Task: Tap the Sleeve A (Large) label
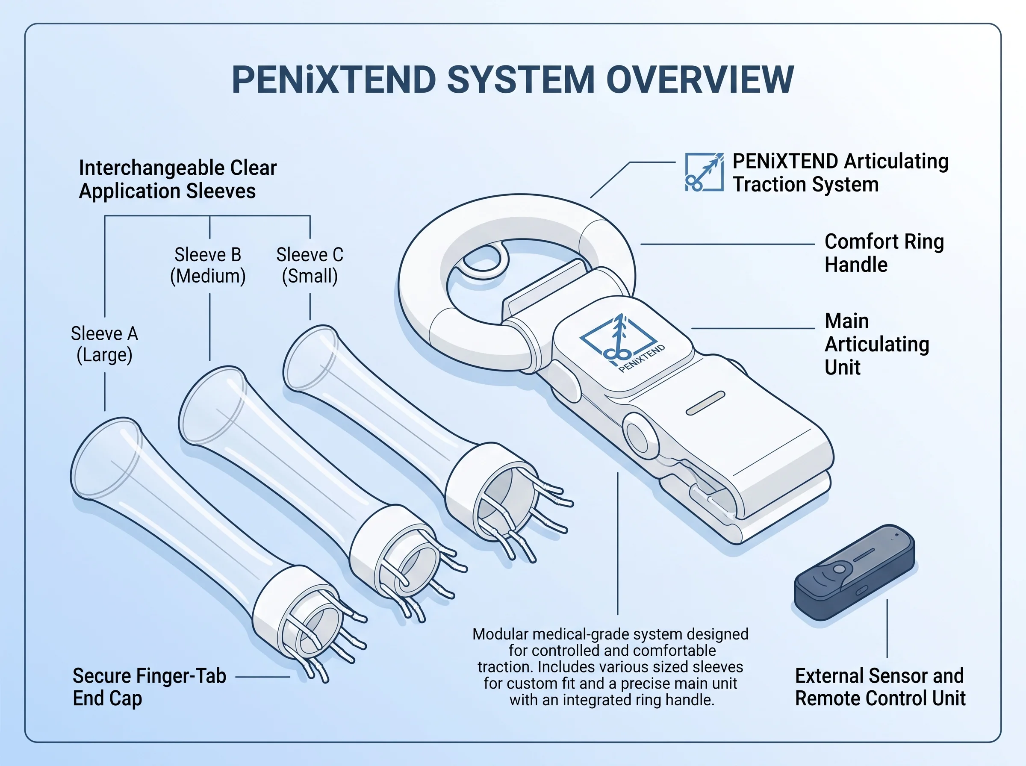(x=104, y=344)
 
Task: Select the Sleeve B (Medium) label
(x=208, y=265)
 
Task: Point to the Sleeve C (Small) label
(x=310, y=265)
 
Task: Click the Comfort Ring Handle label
(x=884, y=253)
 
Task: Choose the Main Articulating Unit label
(x=877, y=344)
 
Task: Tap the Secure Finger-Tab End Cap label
(x=149, y=687)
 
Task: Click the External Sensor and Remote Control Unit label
(x=880, y=687)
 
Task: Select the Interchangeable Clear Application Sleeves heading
(x=177, y=180)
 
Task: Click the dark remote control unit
(x=855, y=573)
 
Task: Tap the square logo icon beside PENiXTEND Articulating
(x=704, y=172)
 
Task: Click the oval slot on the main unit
(x=705, y=403)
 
